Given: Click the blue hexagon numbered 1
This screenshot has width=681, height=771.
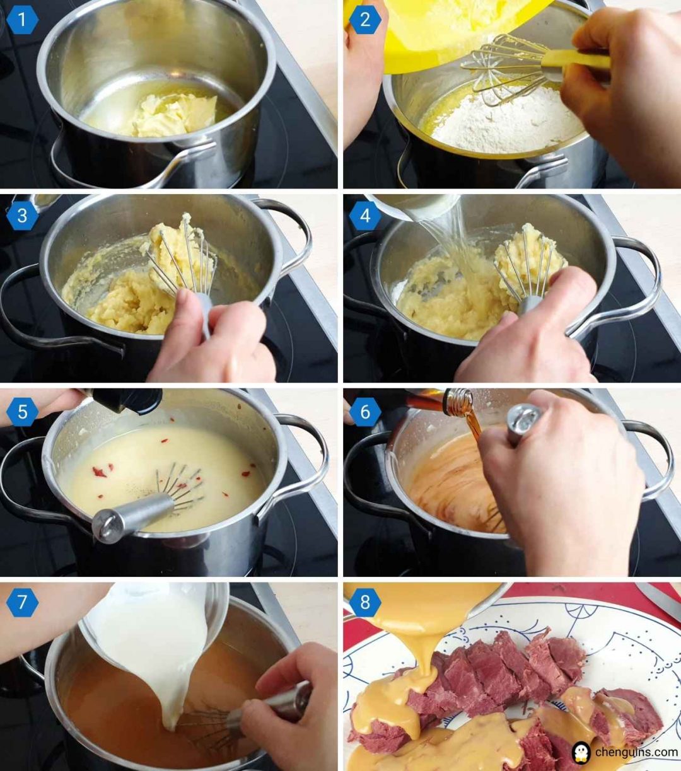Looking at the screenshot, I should (x=22, y=20).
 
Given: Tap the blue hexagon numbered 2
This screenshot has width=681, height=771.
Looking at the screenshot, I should (x=365, y=20).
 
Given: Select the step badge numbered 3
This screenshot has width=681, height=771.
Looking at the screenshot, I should (x=22, y=216).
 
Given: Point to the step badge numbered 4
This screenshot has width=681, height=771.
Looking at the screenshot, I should (x=365, y=216).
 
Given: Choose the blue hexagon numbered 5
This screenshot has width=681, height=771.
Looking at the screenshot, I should (x=22, y=412).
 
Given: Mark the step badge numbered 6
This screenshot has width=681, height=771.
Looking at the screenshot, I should (x=365, y=412).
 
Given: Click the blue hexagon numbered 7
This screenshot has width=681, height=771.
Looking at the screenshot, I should (x=22, y=602).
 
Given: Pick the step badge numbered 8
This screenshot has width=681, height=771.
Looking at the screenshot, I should (x=365, y=602).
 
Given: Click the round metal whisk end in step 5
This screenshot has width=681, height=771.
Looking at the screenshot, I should (x=105, y=525).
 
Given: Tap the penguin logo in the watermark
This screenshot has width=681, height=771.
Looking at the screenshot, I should (x=581, y=752).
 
